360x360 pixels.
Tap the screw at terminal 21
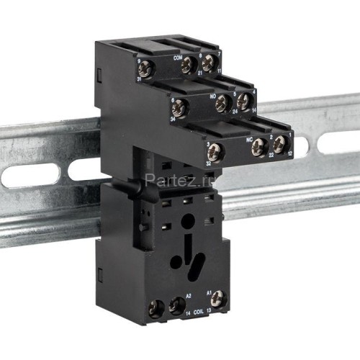(188, 65)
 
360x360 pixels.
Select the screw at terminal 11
(209, 63)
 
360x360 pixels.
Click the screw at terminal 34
(177, 109)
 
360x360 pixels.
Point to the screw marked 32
(215, 150)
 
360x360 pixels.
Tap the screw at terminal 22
(258, 147)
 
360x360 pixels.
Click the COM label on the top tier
(177, 54)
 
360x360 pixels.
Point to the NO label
(212, 94)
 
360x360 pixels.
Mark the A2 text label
(188, 295)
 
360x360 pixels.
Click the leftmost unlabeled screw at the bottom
(154, 310)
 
